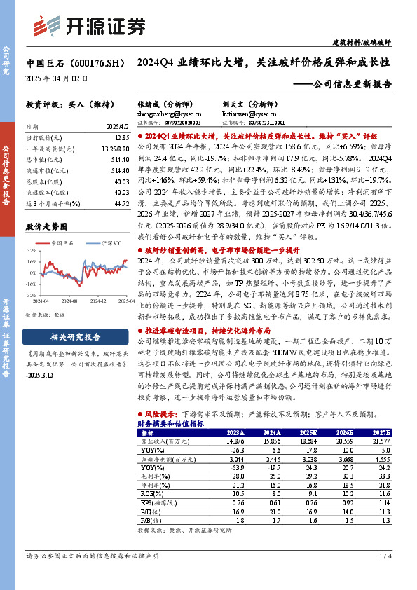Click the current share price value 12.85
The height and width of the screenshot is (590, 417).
[122, 139]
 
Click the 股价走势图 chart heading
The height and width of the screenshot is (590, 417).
[47, 227]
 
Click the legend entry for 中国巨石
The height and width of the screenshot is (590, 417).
[67, 242]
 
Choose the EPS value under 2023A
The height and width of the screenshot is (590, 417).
[235, 502]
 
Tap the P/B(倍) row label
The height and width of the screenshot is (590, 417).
[150, 521]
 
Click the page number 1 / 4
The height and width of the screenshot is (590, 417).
[384, 556]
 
